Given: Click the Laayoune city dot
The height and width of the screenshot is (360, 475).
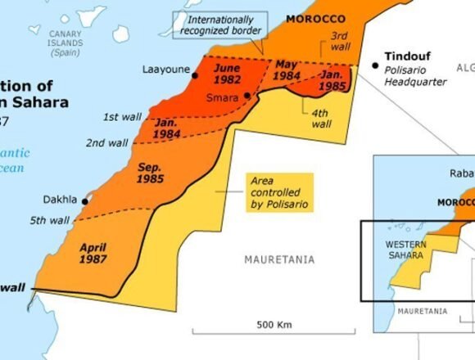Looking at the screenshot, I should (195, 75).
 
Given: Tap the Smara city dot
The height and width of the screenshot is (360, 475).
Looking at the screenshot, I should (247, 96).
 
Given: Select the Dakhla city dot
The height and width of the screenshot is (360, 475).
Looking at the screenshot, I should (86, 199).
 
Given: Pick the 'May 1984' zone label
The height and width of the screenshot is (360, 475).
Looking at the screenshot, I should (287, 70).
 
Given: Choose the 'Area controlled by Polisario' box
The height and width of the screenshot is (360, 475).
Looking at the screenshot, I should (280, 192).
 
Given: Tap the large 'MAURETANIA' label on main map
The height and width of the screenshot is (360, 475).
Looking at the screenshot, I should (278, 259).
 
